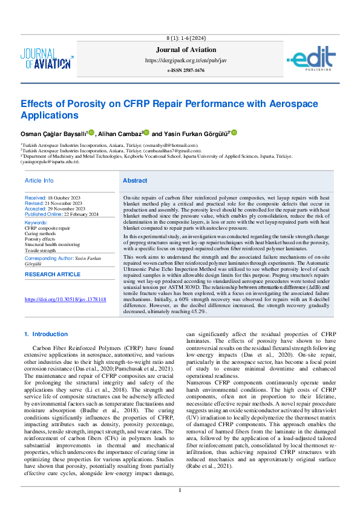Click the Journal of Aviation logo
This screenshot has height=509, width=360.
pyautogui.click(x=46, y=59)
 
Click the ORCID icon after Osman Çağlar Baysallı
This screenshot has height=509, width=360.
pyautogui.click(x=91, y=132)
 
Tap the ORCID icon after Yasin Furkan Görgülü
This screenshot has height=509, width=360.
pyautogui.click(x=234, y=132)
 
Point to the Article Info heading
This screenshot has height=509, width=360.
pyautogui.click(x=39, y=181)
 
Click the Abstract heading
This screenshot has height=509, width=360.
pyautogui.click(x=134, y=181)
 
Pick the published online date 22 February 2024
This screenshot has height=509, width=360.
pyautogui.click(x=79, y=214)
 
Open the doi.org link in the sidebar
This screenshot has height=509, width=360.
pyautogui.click(x=65, y=299)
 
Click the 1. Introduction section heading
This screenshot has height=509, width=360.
pyautogui.click(x=46, y=334)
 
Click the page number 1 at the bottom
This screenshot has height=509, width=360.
pyautogui.click(x=180, y=490)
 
